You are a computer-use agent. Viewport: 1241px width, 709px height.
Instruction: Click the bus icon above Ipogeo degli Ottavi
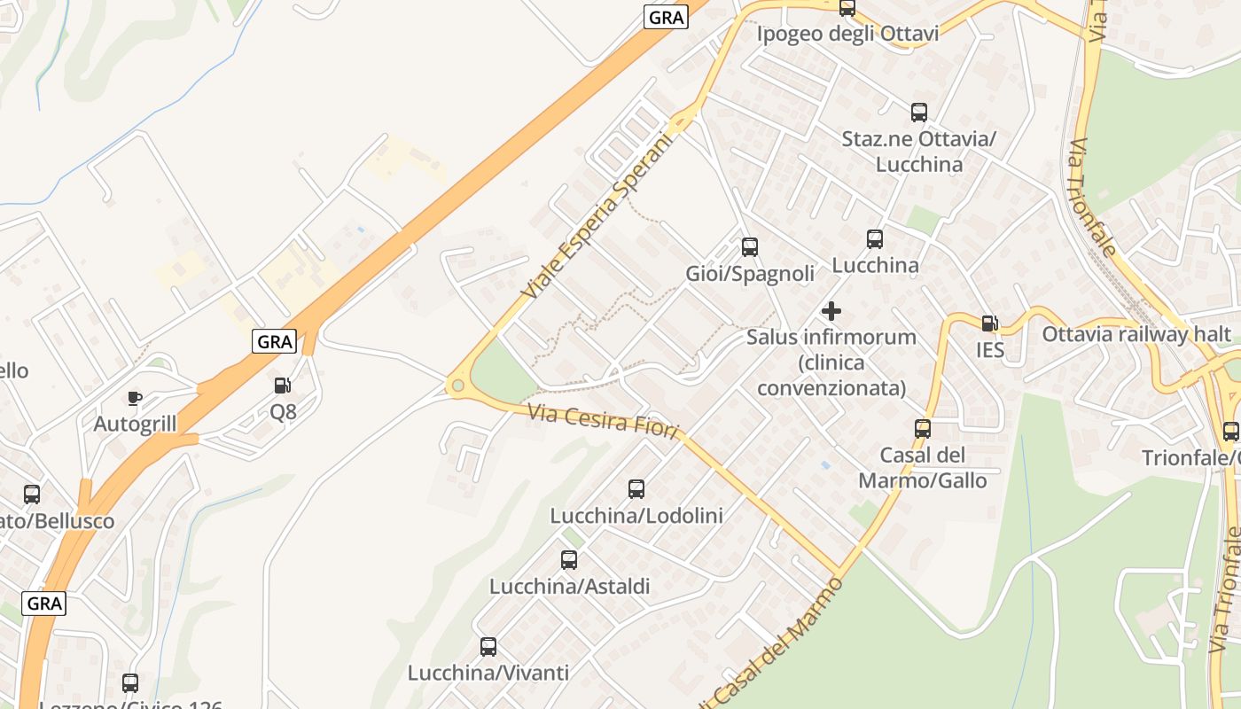pos(847,8)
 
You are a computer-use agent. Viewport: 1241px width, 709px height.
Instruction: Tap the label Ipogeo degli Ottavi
pos(847,34)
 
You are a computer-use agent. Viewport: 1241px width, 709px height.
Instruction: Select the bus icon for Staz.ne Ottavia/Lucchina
pos(919,113)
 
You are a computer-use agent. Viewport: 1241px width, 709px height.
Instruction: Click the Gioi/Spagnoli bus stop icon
pos(750,247)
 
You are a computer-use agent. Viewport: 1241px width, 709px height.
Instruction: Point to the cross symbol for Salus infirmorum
pos(831,311)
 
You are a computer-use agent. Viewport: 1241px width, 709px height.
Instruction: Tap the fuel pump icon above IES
pos(989,323)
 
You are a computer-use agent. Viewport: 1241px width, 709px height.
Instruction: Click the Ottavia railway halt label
pos(1136,334)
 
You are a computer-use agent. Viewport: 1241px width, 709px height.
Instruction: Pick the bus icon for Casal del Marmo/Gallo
pos(923,429)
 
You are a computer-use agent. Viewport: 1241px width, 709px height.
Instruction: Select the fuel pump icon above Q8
pos(283,385)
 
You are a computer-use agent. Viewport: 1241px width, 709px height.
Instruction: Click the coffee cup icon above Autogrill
pos(135,398)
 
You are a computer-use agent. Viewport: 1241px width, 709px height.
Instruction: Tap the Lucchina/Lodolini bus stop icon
pos(636,488)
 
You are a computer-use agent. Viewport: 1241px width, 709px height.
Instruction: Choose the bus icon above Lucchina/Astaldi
pos(569,560)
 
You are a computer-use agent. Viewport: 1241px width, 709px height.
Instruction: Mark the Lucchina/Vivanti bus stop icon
pos(488,646)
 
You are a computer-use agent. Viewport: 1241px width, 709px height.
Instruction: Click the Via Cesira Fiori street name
pos(603,421)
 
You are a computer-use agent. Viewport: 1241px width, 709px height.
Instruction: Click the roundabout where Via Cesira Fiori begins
pos(457,386)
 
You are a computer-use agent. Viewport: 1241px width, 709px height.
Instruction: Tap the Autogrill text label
pos(135,424)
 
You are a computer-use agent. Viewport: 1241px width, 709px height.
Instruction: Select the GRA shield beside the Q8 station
pos(274,341)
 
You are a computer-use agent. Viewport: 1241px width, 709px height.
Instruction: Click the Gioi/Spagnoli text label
pos(750,274)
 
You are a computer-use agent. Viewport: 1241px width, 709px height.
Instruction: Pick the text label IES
pos(990,350)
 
